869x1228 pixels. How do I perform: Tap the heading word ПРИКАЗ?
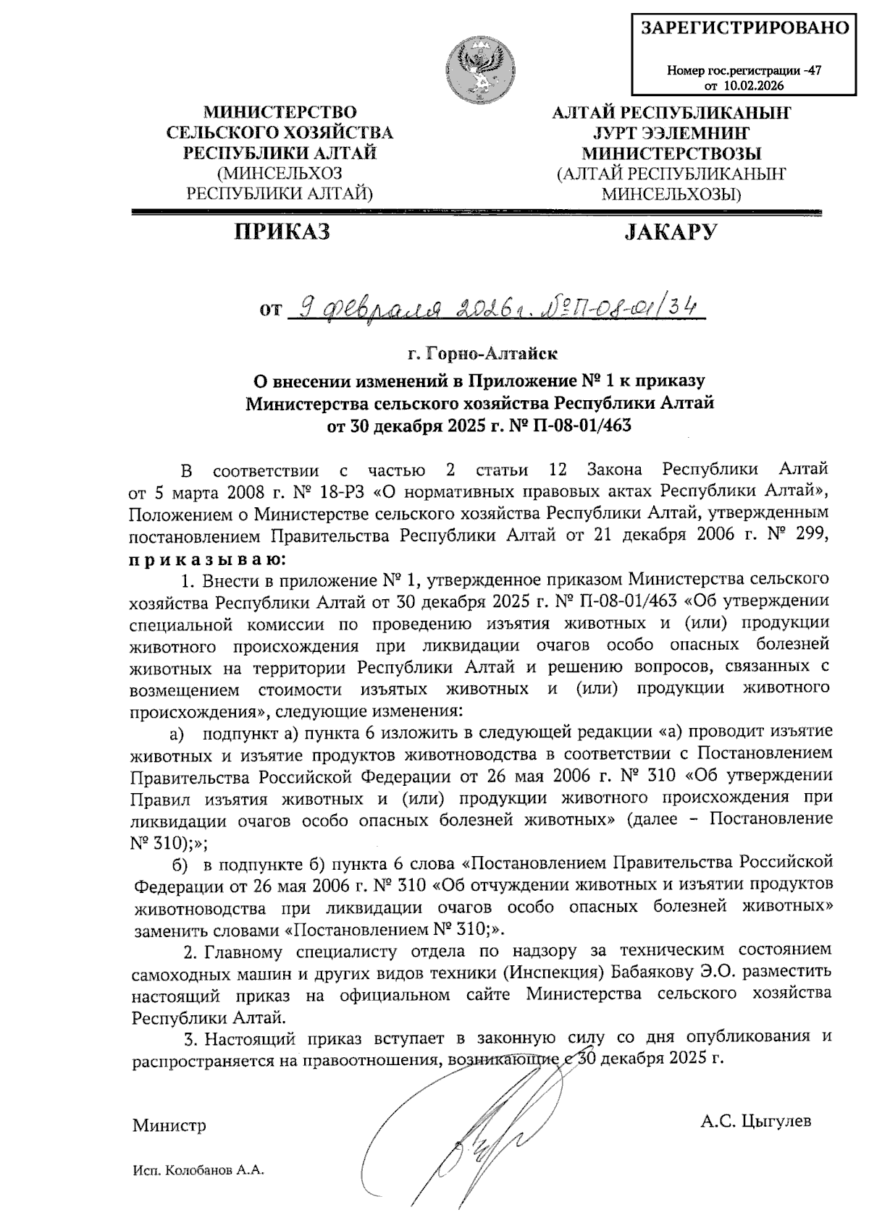281,232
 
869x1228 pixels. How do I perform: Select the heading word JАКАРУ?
671,232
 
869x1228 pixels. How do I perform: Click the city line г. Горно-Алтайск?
482,355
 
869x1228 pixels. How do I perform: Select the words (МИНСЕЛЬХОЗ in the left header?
280,174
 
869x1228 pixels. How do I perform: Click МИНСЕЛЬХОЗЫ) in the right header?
671,194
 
